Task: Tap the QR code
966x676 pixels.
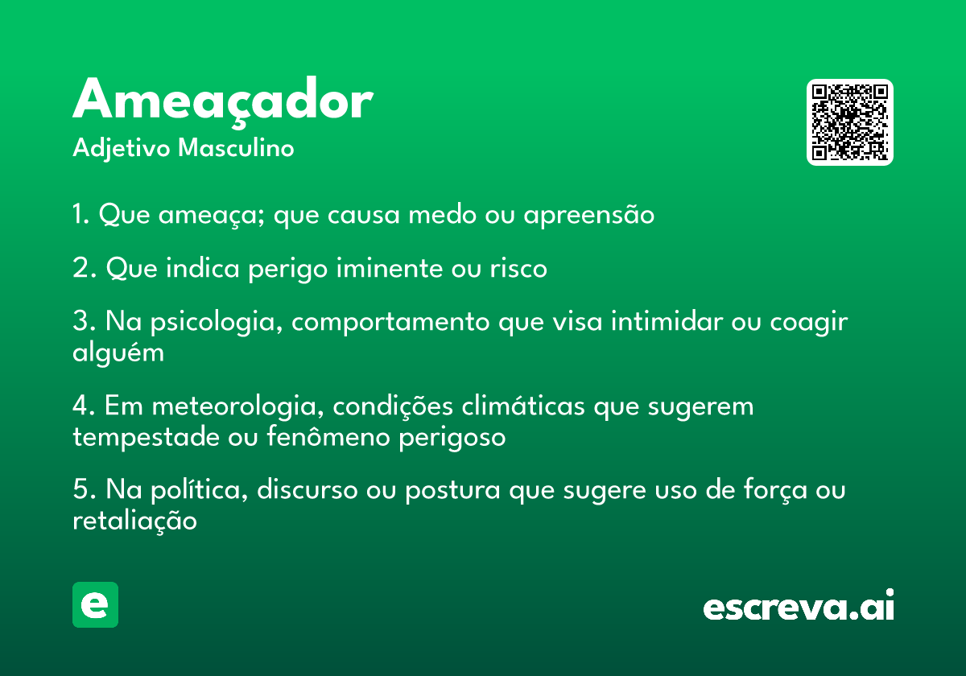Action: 849,122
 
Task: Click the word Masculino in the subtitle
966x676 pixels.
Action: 236,148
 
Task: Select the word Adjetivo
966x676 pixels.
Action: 122,149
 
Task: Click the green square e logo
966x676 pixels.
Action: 95,604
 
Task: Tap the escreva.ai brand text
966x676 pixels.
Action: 799,605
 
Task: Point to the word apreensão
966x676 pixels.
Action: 588,215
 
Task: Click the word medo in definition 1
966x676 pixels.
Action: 442,214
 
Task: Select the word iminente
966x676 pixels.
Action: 390,268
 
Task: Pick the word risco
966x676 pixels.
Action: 518,268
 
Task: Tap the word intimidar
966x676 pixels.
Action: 667,321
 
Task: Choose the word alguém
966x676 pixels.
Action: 118,353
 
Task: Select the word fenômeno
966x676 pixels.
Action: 328,436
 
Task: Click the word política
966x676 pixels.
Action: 200,491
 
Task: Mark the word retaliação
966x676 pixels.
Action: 134,521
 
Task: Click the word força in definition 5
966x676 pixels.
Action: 775,490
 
